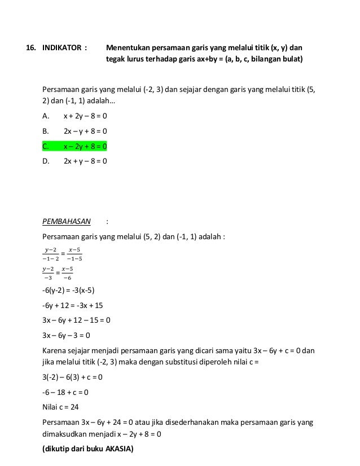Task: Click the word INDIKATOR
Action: click(x=62, y=47)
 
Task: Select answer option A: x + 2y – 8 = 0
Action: click(x=85, y=117)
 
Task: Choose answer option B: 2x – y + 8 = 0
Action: click(x=85, y=132)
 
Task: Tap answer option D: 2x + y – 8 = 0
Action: click(x=85, y=161)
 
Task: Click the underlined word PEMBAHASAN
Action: click(x=67, y=221)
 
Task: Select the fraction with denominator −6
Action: click(x=67, y=273)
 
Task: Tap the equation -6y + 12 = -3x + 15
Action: click(x=73, y=305)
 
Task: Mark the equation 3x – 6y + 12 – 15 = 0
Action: click(x=76, y=320)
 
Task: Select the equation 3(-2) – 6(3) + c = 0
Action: click(x=73, y=377)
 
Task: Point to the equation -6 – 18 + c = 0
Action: click(x=65, y=392)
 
